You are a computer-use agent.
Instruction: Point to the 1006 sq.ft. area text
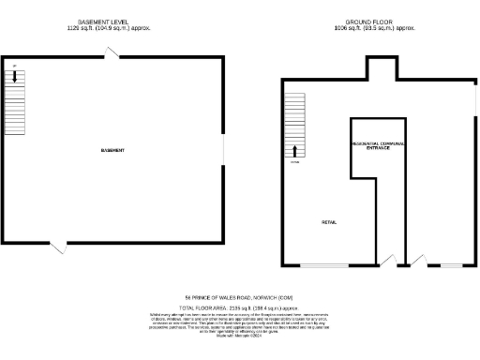374,28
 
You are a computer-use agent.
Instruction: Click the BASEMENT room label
113,151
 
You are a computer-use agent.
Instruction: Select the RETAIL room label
329,222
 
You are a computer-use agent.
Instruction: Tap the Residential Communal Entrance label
379,145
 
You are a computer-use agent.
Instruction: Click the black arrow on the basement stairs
15,79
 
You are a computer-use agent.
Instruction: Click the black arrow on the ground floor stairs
297,150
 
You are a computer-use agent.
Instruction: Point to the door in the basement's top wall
113,54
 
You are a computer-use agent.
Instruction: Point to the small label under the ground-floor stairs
294,162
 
